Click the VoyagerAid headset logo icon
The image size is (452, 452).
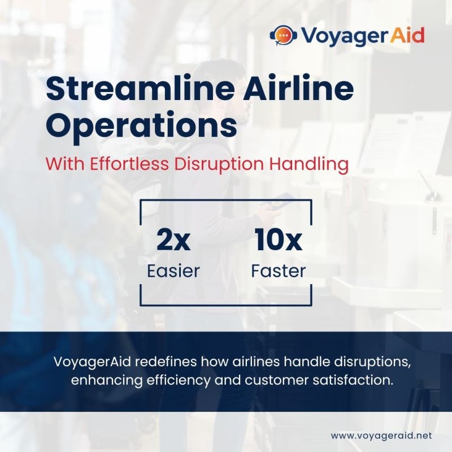[x=282, y=36]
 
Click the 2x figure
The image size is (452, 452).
[x=173, y=241]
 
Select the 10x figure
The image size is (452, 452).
[x=278, y=241]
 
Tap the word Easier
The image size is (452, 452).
[x=173, y=271]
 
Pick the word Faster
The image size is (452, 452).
[x=278, y=271]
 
